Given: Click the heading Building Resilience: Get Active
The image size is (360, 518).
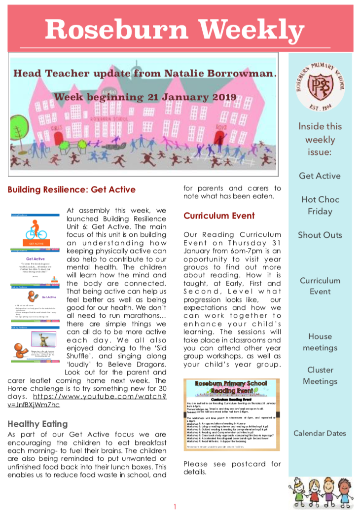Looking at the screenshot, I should (72, 189).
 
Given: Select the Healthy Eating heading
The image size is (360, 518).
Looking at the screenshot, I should (38, 424).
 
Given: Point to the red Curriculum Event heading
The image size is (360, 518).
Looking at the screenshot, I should (219, 216).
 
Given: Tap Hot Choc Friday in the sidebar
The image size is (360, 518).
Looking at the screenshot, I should (320, 205).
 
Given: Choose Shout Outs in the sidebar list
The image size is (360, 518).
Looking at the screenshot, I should (320, 235).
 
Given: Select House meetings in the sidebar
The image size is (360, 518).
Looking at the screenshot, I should (320, 342).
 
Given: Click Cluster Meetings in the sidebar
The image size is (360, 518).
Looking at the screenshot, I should (320, 375).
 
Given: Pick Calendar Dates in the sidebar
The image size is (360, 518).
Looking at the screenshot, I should (320, 433).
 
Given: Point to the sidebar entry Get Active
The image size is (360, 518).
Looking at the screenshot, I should (320, 176).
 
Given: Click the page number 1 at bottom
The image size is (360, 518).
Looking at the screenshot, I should (175, 507).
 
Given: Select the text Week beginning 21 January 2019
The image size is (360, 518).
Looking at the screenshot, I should (145, 97).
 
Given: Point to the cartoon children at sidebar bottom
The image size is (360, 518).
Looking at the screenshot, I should (320, 491).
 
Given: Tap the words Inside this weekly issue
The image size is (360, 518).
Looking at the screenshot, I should (320, 140).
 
